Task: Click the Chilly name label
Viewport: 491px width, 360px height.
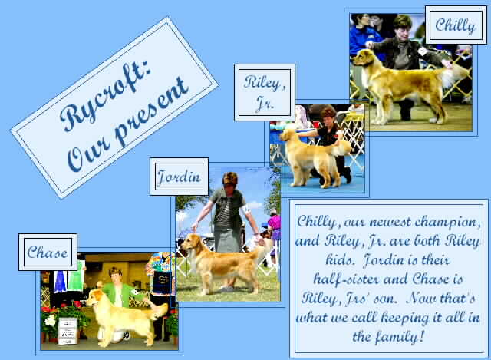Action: (x=456, y=25)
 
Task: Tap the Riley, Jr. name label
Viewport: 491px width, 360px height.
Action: (x=265, y=92)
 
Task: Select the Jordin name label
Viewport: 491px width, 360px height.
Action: (x=179, y=177)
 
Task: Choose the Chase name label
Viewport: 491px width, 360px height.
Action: (x=48, y=253)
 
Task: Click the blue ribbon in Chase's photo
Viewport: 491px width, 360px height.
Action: (x=61, y=281)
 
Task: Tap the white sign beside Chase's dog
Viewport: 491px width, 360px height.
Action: (x=68, y=331)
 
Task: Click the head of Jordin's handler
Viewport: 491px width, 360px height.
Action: (x=230, y=179)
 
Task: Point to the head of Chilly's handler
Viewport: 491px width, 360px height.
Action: (x=403, y=25)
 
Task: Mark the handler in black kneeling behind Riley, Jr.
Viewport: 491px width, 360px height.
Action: (x=331, y=141)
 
